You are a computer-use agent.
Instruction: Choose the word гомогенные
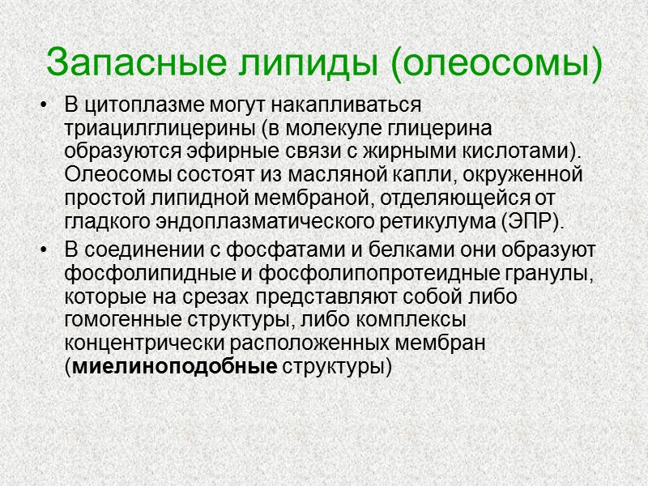(122, 320)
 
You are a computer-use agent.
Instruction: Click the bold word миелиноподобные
(175, 366)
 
